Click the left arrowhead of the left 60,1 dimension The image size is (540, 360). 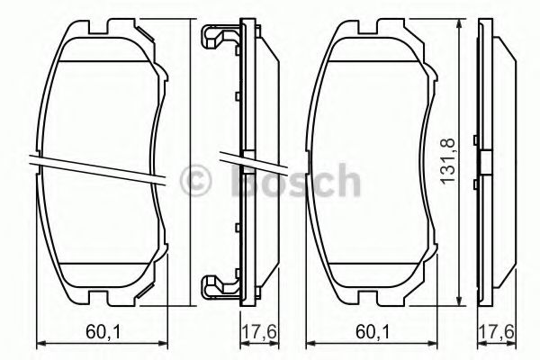point(38,343)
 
